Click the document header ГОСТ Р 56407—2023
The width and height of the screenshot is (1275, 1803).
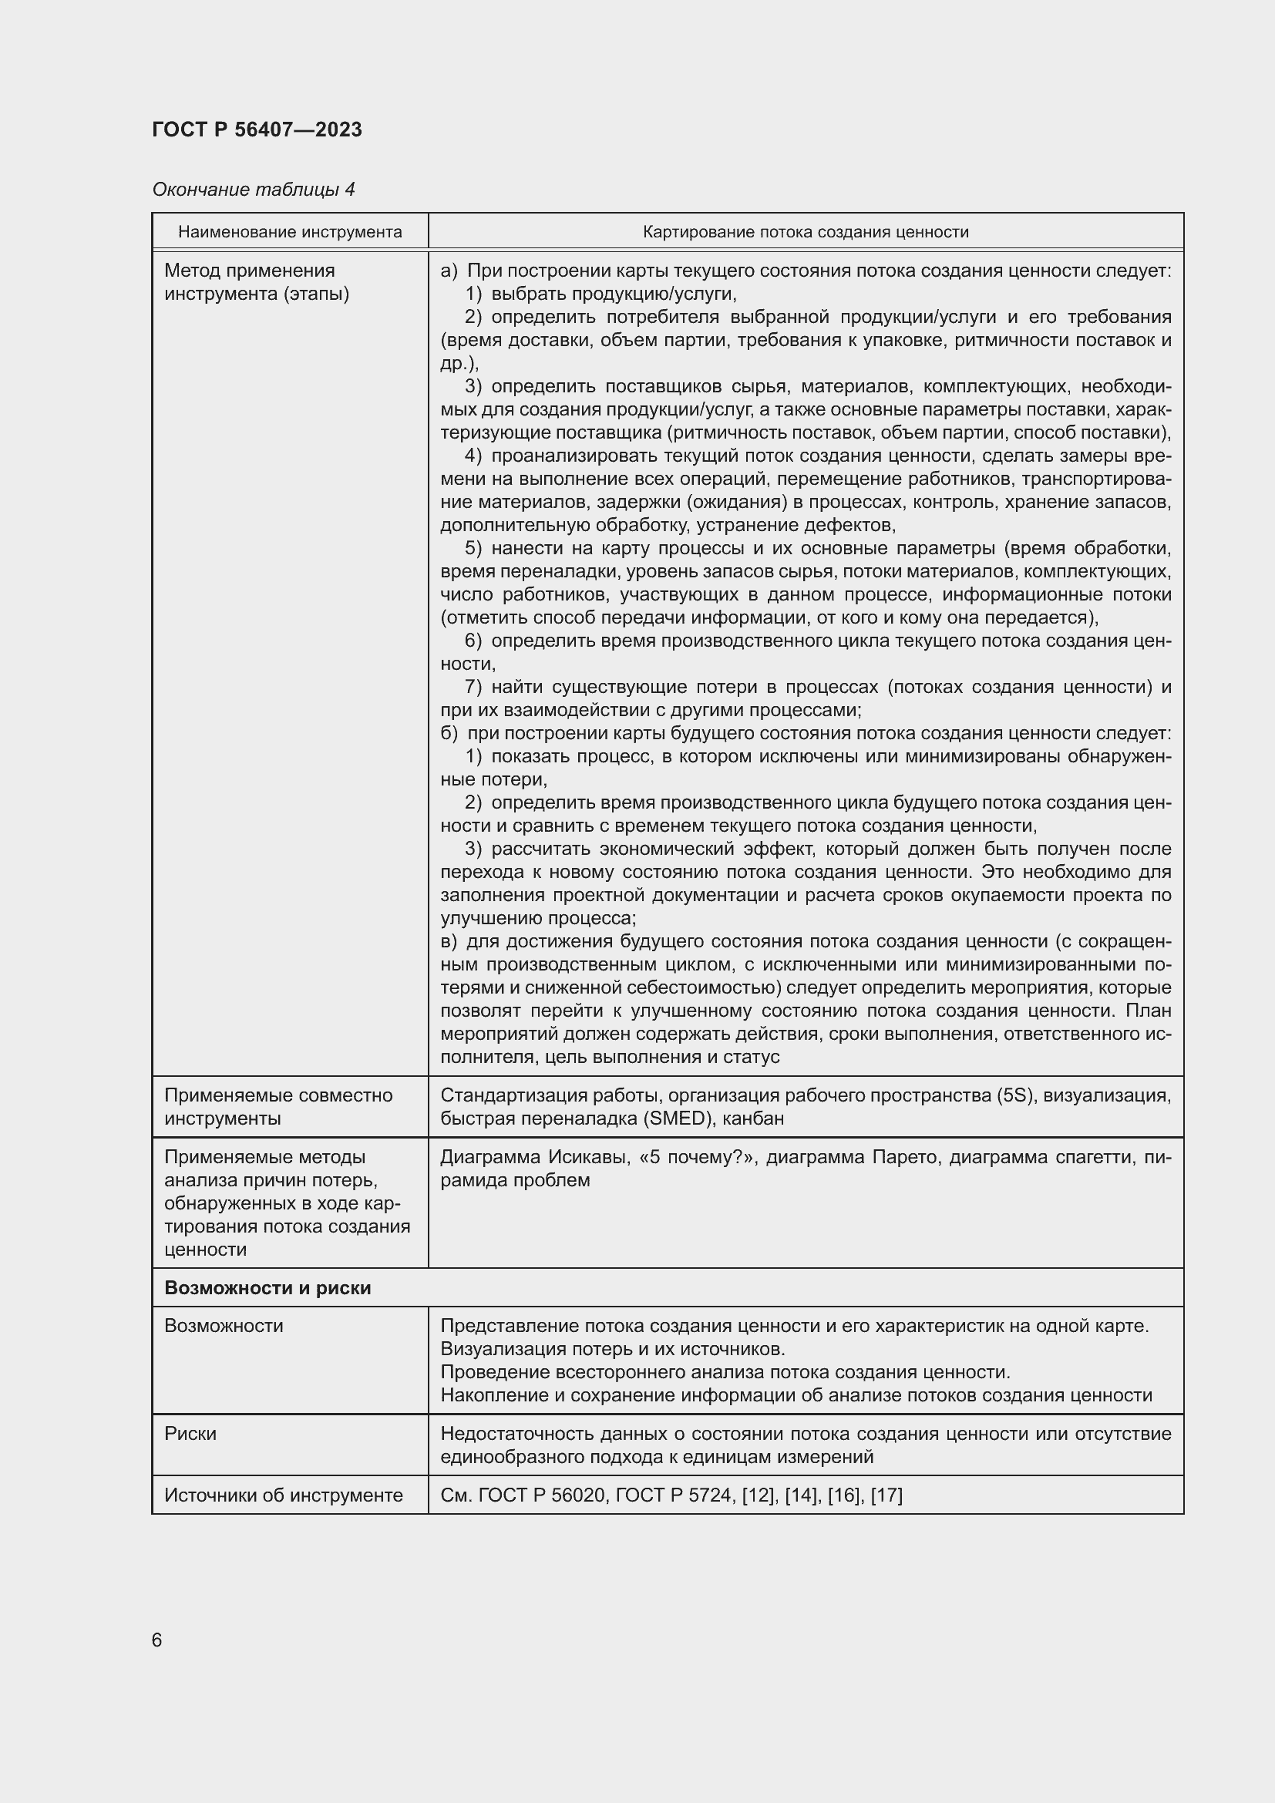click(x=257, y=130)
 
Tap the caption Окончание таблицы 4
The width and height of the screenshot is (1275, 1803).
click(x=253, y=190)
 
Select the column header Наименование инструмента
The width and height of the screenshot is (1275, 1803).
click(x=290, y=232)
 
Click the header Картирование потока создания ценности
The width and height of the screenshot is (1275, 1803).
click(x=806, y=232)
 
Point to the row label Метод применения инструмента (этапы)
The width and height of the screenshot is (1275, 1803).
click(x=257, y=282)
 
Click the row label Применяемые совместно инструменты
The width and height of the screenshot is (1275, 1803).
click(x=278, y=1106)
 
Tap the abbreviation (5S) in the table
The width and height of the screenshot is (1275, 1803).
click(x=1017, y=1095)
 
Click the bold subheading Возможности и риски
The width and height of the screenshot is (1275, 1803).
click(x=267, y=1288)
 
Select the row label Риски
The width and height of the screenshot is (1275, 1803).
click(x=190, y=1433)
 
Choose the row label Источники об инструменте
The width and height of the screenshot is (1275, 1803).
click(x=284, y=1495)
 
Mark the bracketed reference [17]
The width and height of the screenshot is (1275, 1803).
click(x=886, y=1495)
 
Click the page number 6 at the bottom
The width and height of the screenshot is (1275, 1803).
click(x=157, y=1640)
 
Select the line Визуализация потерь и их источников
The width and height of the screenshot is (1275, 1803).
click(x=612, y=1349)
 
